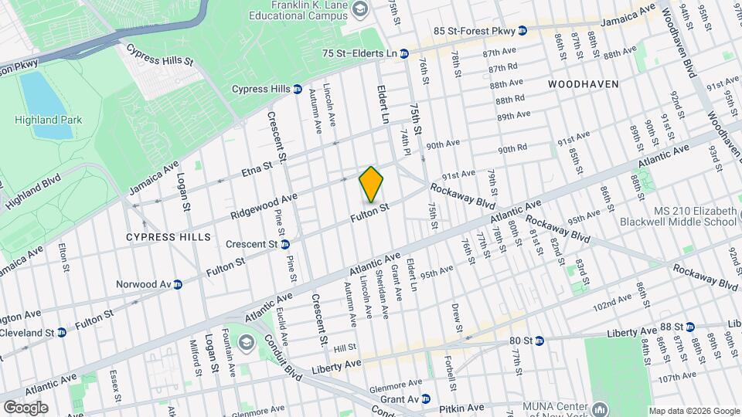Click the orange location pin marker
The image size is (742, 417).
tap(371, 185)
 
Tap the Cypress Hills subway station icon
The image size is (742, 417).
tap(297, 90)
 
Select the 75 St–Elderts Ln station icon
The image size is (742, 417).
tap(403, 54)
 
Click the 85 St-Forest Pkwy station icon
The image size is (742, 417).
tap(522, 31)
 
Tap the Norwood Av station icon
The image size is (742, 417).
tap(178, 284)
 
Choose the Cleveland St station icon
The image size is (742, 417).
tap(61, 332)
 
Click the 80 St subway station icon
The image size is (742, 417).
tap(539, 340)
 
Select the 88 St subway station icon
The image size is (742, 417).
tap(690, 327)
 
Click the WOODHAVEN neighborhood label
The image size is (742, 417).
tap(584, 83)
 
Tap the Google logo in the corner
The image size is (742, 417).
tap(26, 407)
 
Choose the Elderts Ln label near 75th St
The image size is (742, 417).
tap(382, 105)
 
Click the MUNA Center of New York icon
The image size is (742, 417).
tap(601, 409)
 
